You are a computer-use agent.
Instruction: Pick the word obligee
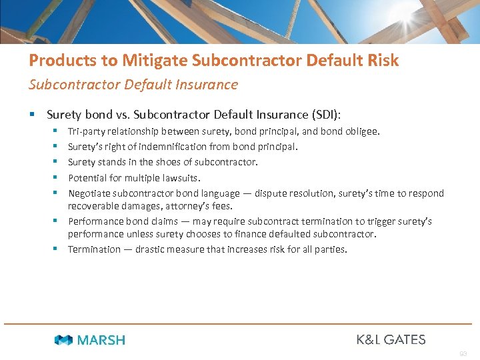[x=363, y=132]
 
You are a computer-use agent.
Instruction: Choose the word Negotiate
[x=89, y=193]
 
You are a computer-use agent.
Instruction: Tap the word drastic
[x=152, y=250]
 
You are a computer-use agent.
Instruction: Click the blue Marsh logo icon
[x=63, y=340]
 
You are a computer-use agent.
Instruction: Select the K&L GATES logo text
[x=391, y=340]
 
